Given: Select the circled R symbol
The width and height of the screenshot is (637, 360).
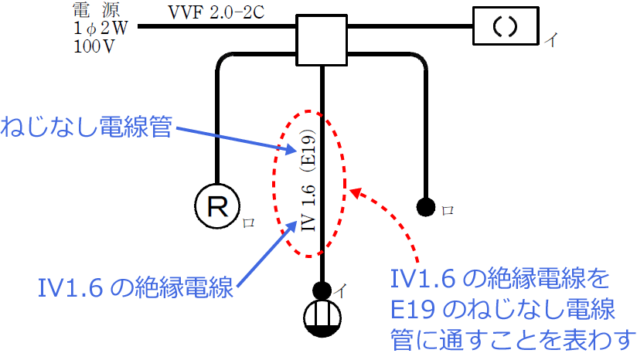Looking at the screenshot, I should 218,205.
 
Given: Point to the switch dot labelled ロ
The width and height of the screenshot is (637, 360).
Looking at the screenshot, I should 424,206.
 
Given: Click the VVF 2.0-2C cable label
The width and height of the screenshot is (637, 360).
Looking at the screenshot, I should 214,12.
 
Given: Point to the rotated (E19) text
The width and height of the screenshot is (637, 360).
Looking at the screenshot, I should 307,151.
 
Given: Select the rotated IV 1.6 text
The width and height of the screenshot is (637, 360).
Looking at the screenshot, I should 308,209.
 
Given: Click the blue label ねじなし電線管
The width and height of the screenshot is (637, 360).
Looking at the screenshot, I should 86,127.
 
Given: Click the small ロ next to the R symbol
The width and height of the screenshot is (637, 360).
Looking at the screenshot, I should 249,222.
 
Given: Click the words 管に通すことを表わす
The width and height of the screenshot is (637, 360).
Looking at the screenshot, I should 513,338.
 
